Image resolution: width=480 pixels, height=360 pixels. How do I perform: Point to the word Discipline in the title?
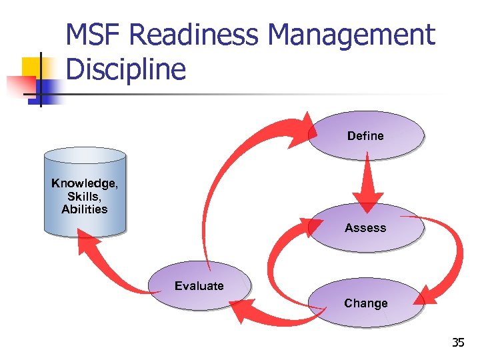pyautogui.click(x=126, y=69)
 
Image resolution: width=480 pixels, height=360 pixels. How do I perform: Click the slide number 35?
pyautogui.click(x=458, y=343)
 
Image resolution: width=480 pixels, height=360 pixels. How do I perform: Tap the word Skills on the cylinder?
pyautogui.click(x=84, y=197)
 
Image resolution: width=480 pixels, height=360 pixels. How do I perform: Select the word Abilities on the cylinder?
pyautogui.click(x=85, y=209)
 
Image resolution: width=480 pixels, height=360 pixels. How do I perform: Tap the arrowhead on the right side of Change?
pyautogui.click(x=426, y=293)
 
